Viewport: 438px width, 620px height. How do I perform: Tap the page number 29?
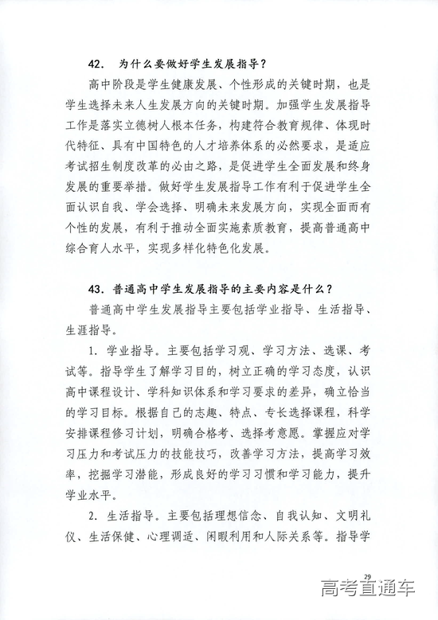pyautogui.click(x=367, y=576)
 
